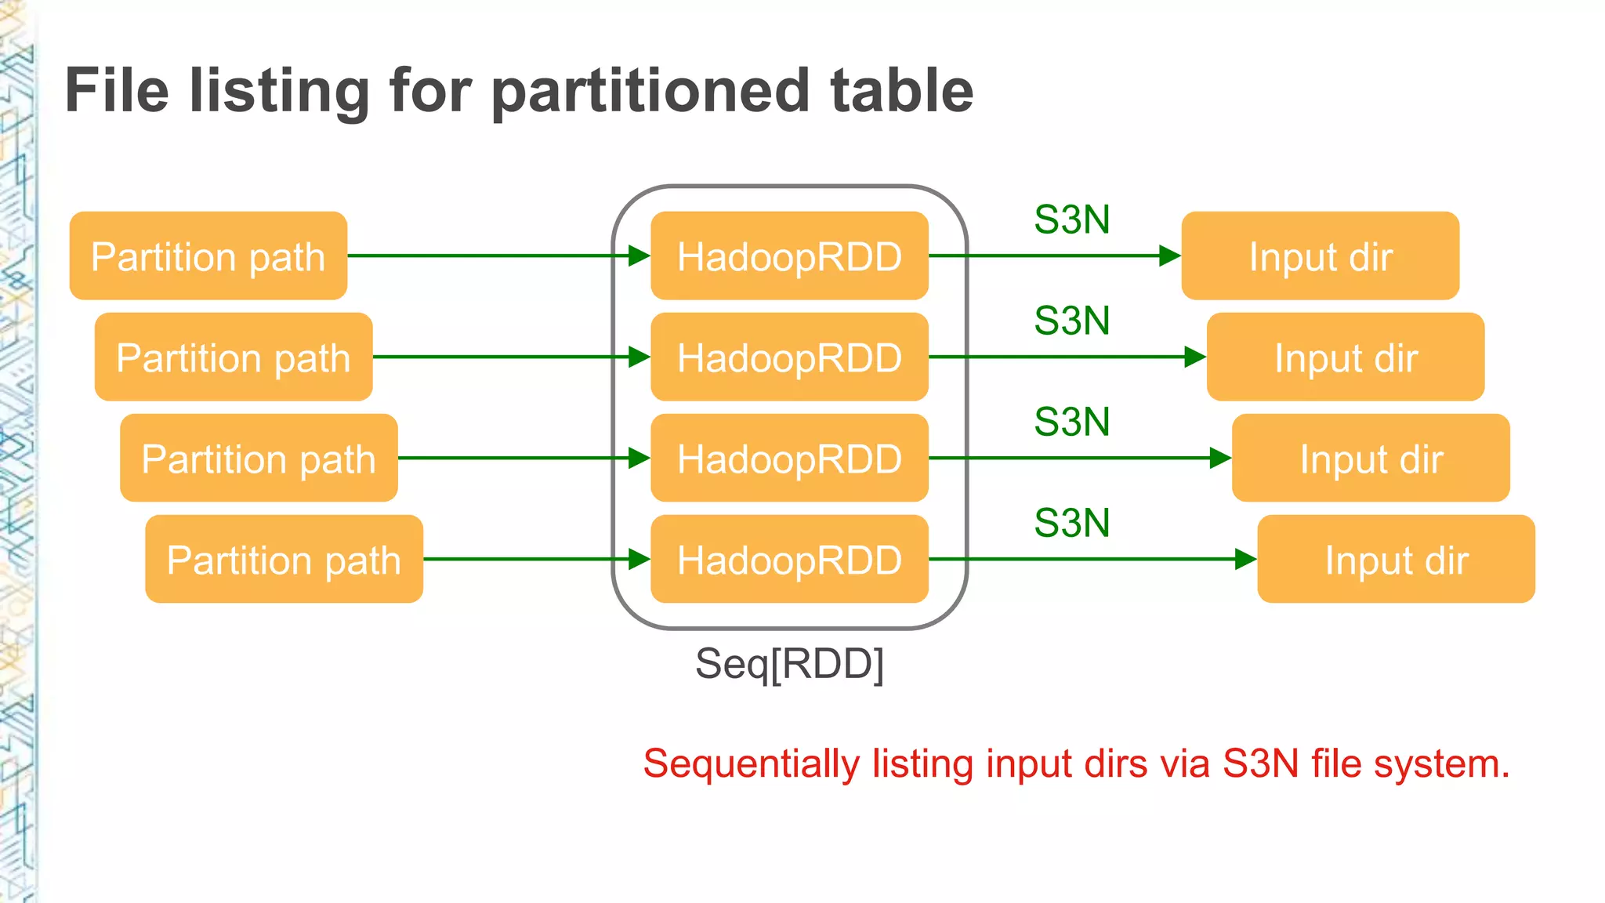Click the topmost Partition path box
point(208,256)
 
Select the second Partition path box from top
point(233,357)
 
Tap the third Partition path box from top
point(259,458)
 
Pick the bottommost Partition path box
point(284,559)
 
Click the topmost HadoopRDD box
point(789,256)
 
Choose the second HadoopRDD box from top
point(789,357)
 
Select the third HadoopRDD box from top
point(789,458)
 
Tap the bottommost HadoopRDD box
point(789,559)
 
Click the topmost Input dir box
point(1320,256)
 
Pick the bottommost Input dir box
point(1396,559)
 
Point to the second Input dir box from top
point(1345,357)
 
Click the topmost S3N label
point(1071,219)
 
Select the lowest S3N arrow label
point(1071,523)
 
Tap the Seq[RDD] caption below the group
point(789,664)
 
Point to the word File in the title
point(117,91)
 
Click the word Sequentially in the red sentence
point(751,764)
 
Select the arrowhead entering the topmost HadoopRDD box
point(639,256)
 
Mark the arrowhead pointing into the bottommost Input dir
point(1245,559)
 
